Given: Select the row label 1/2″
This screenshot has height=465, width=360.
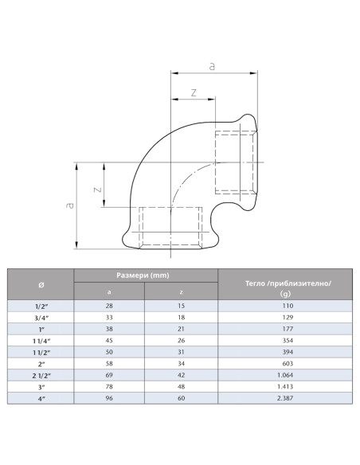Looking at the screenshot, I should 41,306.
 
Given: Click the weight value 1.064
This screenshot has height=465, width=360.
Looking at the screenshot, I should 284,374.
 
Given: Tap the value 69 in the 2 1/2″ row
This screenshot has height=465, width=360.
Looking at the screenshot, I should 109,374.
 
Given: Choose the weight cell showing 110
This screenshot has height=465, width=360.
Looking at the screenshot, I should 284,306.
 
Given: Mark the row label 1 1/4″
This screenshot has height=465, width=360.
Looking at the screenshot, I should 41,340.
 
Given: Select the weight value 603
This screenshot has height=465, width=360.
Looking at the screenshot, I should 284,363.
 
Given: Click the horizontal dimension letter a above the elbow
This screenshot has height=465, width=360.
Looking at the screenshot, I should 212,68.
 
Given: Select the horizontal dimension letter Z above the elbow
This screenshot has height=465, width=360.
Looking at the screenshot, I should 194,93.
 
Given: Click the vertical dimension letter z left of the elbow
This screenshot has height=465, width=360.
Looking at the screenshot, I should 96,190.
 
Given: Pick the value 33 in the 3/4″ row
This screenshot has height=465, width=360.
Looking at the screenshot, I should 109,317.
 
